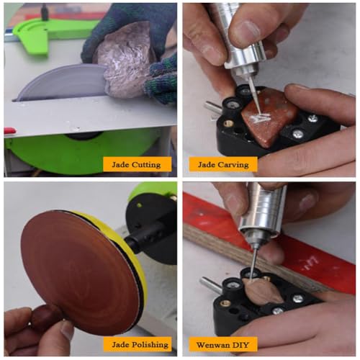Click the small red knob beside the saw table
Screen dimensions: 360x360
click(x=9, y=131)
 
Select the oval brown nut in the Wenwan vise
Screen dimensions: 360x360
click(x=265, y=292)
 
